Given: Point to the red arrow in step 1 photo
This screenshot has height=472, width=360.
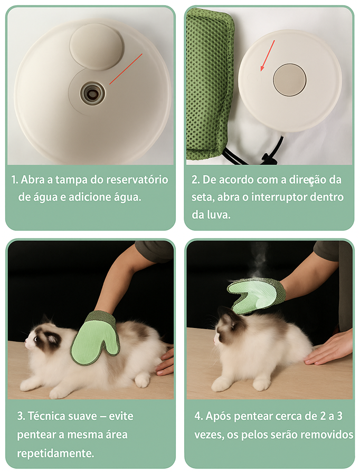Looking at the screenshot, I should tap(126, 69).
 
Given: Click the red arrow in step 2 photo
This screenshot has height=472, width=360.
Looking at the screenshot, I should tap(268, 55).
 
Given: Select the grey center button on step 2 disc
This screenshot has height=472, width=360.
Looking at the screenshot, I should tap(290, 80).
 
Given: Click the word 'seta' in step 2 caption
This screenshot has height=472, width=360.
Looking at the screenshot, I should tap(201, 197).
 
